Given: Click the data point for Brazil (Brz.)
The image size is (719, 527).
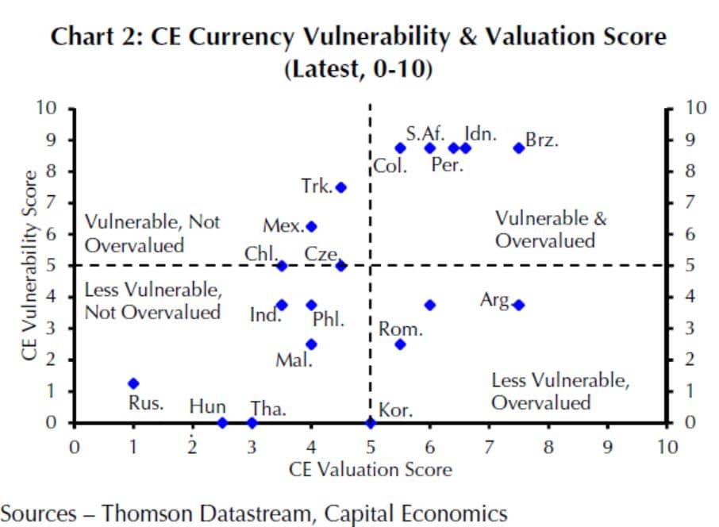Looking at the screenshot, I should pyautogui.click(x=518, y=148).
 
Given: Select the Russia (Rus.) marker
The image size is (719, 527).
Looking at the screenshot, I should pyautogui.click(x=133, y=383).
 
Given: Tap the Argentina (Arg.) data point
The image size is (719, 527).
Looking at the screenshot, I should pyautogui.click(x=518, y=305).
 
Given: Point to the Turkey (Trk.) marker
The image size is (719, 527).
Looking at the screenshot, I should pyautogui.click(x=341, y=187).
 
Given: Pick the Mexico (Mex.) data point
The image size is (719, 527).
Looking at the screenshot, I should pyautogui.click(x=311, y=226).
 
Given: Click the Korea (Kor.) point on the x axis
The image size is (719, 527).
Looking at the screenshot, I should pyautogui.click(x=370, y=422).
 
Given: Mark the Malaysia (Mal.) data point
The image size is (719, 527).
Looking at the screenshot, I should pyautogui.click(x=311, y=344).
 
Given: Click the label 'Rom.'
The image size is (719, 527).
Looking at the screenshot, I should pyautogui.click(x=400, y=329).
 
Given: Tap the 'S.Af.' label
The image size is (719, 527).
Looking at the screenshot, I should pyautogui.click(x=425, y=133).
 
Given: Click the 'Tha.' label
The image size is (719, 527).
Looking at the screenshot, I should pyautogui.click(x=268, y=410).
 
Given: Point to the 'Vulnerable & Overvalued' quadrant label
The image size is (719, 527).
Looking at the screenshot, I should pyautogui.click(x=550, y=229).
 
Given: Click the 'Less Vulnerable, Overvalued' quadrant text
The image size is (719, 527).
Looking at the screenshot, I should pyautogui.click(x=560, y=391).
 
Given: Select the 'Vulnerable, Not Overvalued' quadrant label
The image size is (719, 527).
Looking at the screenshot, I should pyautogui.click(x=152, y=233).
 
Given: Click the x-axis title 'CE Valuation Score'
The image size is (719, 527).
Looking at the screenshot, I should pyautogui.click(x=371, y=470).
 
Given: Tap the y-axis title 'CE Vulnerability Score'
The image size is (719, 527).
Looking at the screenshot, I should pyautogui.click(x=30, y=265).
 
